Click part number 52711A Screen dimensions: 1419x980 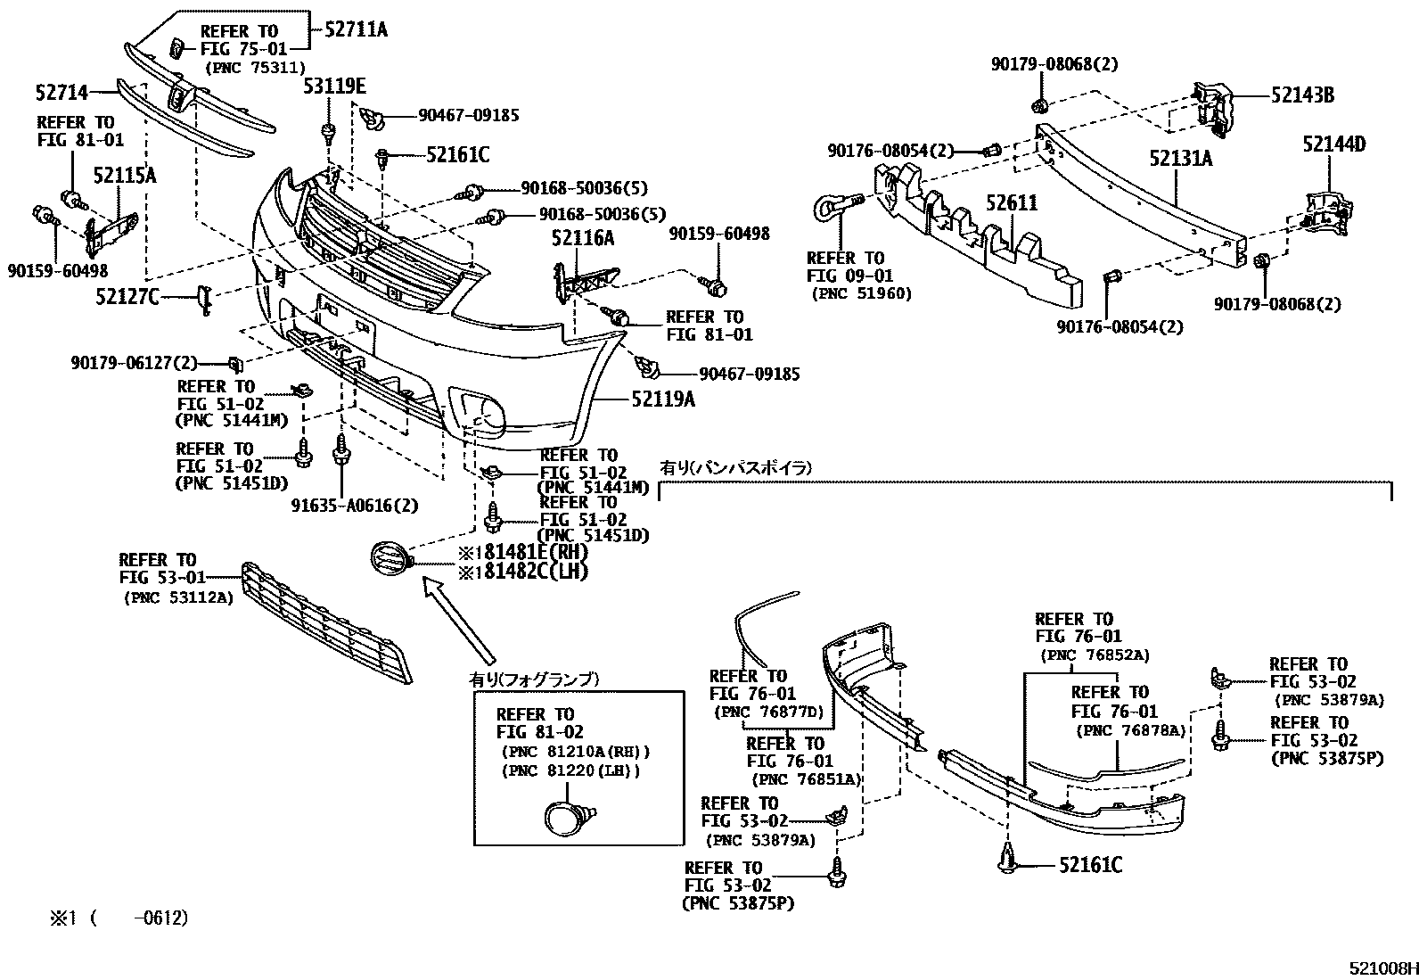356,29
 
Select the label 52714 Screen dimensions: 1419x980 62,93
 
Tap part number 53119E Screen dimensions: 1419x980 334,86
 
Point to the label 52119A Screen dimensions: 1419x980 662,399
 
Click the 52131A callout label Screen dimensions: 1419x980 1181,158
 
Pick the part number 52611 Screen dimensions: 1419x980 1012,202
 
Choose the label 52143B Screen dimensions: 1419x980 1302,95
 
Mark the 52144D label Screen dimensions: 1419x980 1334,144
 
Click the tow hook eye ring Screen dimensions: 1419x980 827,208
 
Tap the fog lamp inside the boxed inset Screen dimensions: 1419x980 569,817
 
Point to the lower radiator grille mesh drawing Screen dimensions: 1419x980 327,622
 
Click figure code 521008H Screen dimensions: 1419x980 1383,968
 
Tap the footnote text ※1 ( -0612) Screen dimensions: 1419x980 119,918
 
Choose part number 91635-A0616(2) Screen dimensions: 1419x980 355,506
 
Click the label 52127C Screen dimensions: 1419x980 127,296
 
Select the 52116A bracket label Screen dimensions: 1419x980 583,238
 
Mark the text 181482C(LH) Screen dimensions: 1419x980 524,572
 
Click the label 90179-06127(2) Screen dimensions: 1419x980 135,363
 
